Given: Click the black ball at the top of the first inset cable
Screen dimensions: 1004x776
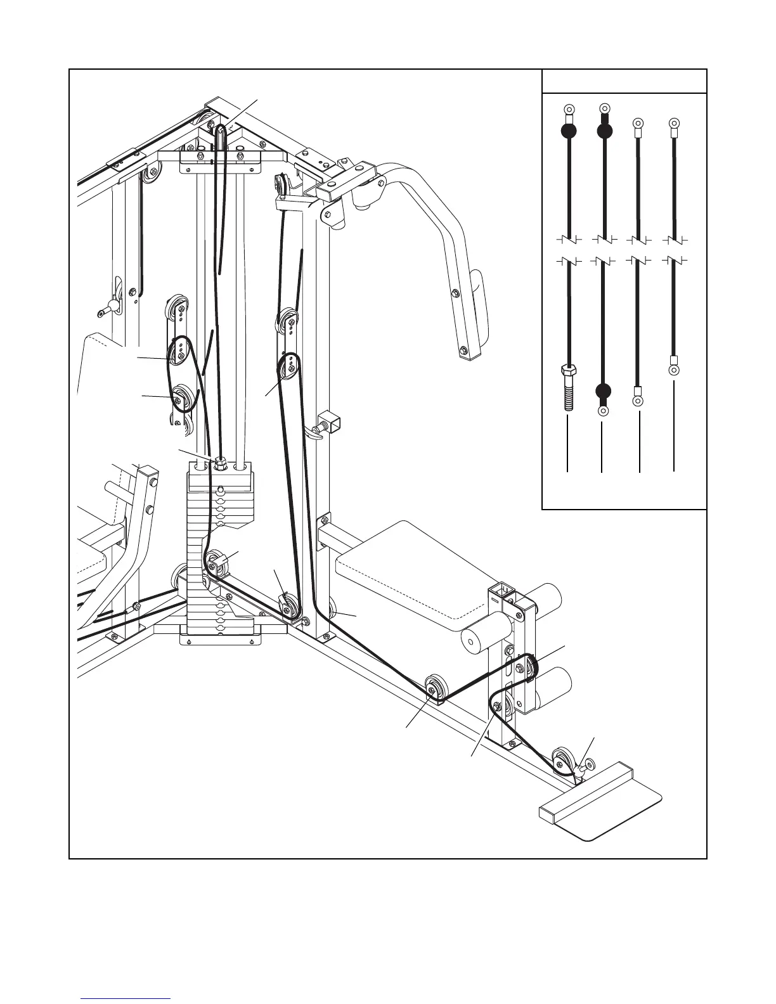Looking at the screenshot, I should [x=569, y=131].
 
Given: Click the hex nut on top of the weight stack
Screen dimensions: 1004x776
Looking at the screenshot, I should [x=221, y=463].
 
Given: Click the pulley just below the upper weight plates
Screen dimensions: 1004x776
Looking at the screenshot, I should [x=214, y=562].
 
